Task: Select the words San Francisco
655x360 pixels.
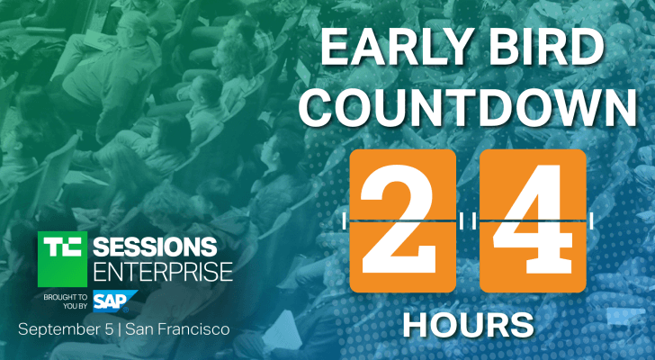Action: tap(179, 329)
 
